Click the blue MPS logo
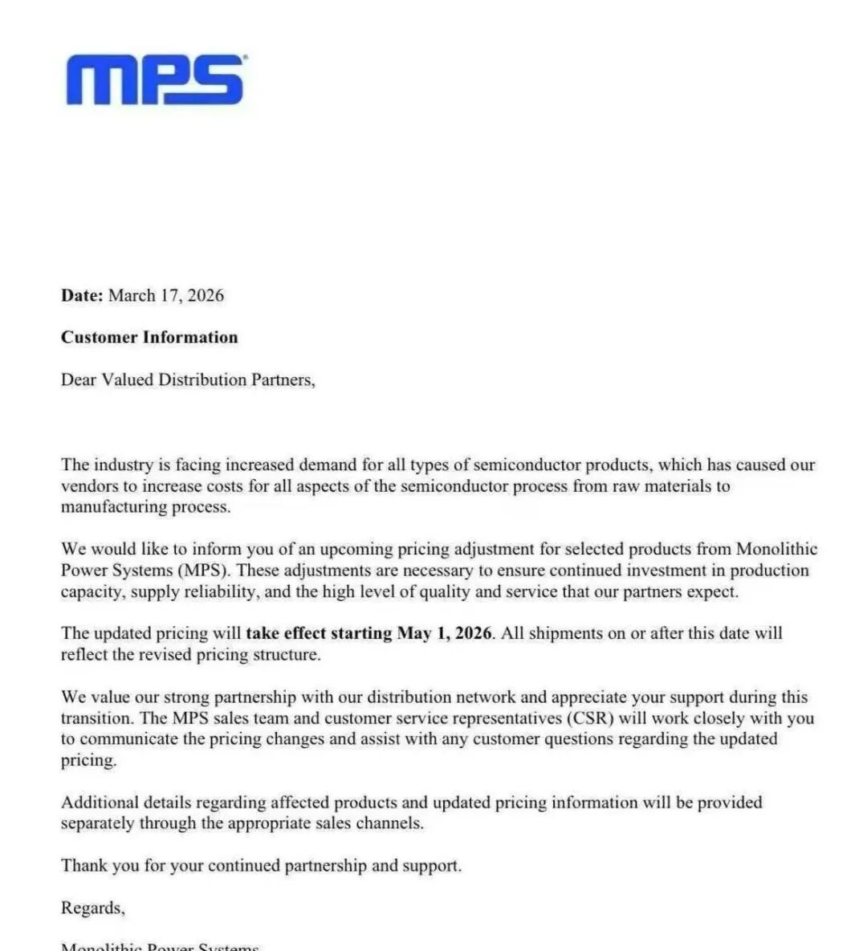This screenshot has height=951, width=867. point(155,79)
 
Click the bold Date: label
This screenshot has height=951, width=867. point(82,295)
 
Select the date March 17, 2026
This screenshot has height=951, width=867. point(166,295)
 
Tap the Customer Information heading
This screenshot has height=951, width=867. point(149,337)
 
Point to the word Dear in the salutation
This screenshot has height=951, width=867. point(79,380)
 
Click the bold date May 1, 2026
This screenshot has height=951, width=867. point(444,633)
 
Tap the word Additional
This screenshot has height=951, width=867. point(100,803)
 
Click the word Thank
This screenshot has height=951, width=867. point(83,866)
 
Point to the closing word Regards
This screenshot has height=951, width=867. point(92,908)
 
